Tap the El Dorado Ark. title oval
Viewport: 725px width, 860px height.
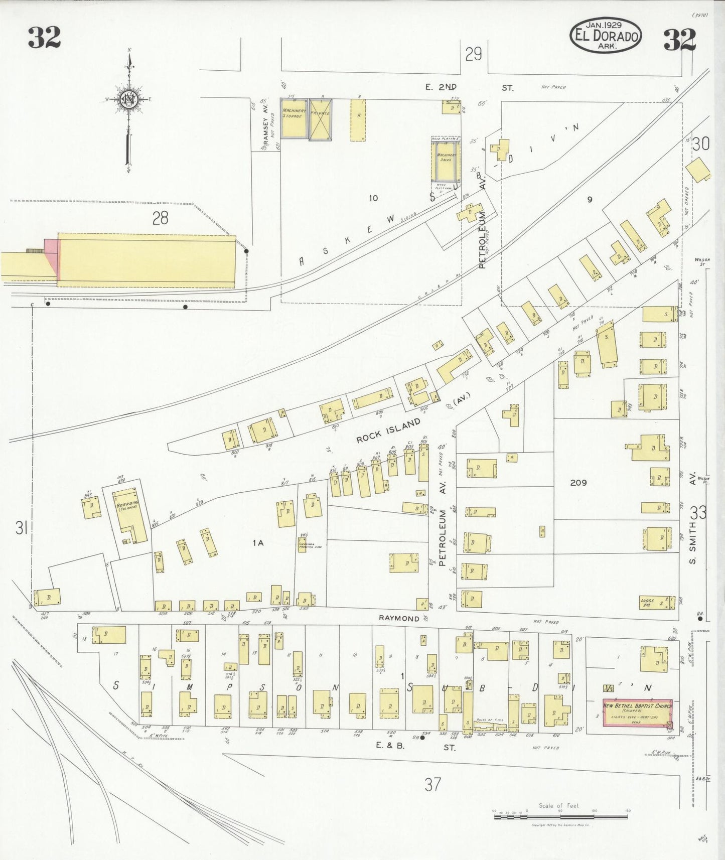[606, 36]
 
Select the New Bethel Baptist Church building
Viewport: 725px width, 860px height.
[637, 713]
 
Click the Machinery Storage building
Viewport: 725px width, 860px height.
[294, 118]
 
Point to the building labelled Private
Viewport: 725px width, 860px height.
[320, 119]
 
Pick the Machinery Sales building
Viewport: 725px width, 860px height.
[446, 160]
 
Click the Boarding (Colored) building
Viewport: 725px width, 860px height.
[130, 515]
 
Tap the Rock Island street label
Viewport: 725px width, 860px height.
[388, 431]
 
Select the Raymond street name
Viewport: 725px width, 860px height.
[399, 618]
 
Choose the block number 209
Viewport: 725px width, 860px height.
[578, 483]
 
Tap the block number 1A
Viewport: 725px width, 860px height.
[258, 542]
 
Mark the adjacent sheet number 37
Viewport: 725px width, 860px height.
[432, 784]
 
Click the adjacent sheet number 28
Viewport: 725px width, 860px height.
[160, 218]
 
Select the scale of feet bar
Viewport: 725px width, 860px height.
[560, 817]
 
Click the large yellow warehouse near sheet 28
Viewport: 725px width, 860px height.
[146, 260]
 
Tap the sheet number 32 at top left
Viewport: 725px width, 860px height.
[44, 38]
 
